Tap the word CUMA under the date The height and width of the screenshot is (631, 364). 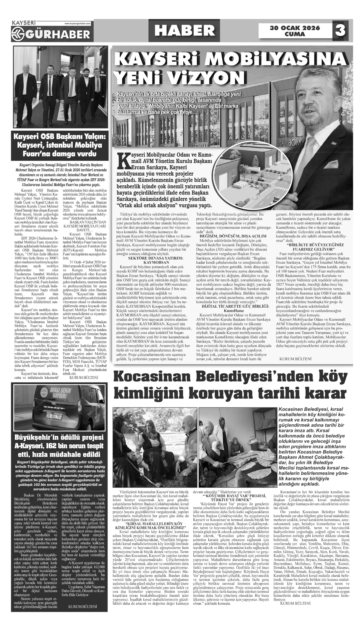(295, 34)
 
